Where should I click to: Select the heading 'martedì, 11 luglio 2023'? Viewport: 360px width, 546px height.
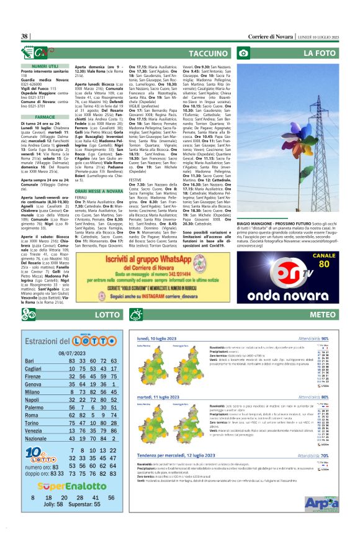(x=168, y=396)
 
